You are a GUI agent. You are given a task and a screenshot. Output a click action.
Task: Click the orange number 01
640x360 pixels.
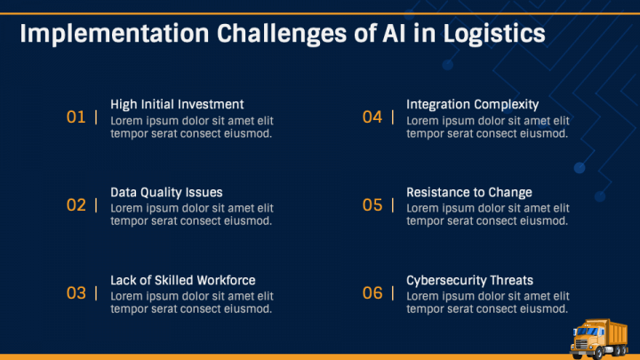tap(76, 117)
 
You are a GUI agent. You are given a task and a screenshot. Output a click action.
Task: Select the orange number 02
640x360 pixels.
tap(76, 205)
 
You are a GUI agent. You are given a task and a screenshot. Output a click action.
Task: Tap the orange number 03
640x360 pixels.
tap(76, 293)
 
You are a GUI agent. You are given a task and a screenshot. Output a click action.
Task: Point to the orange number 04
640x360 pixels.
tap(372, 117)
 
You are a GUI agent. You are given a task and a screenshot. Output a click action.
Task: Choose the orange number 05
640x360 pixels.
tap(372, 205)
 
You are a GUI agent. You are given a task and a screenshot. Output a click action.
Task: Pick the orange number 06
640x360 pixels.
tap(372, 293)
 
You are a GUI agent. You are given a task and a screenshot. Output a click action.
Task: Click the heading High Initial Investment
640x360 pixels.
tap(177, 105)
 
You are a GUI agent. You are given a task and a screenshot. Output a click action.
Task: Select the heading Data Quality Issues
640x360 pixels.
tap(166, 192)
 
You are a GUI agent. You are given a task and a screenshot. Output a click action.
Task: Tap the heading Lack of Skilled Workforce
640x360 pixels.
tap(183, 280)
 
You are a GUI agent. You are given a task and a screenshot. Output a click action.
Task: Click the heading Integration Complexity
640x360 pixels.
tap(473, 105)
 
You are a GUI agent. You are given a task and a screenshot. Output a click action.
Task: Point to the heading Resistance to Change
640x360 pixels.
tap(469, 192)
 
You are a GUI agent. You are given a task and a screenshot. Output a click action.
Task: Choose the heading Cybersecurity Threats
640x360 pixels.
tap(470, 280)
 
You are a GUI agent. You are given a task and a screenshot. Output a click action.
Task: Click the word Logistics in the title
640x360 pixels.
tap(494, 34)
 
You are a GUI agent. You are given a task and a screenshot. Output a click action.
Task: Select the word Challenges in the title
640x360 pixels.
tap(282, 34)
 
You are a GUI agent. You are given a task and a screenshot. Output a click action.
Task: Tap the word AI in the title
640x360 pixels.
tap(395, 33)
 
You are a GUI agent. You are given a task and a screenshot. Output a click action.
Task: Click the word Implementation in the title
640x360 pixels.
tap(115, 34)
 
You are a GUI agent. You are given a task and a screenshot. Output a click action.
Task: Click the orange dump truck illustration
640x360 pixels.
tap(599, 339)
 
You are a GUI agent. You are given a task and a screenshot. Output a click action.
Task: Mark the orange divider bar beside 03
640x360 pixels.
tap(96, 293)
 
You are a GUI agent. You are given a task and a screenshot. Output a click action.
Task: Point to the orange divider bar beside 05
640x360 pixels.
tap(393, 205)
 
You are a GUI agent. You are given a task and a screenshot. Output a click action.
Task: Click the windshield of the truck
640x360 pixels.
tap(587, 332)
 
